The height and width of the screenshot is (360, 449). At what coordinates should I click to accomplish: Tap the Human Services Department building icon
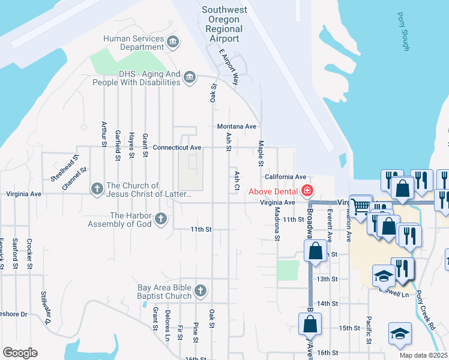click(x=173, y=41)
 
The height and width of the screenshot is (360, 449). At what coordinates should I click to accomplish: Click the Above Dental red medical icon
click(x=307, y=191)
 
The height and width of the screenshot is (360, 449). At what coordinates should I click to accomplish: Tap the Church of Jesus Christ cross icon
click(x=97, y=188)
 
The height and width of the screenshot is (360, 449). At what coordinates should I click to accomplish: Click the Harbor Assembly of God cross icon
click(x=160, y=219)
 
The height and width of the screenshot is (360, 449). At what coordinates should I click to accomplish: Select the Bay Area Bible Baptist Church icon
click(x=200, y=291)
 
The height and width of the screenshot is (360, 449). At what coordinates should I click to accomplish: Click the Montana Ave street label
click(x=237, y=127)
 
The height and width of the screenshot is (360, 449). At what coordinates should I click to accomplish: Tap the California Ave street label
click(x=286, y=177)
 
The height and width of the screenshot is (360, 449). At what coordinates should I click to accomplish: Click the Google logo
click(x=20, y=353)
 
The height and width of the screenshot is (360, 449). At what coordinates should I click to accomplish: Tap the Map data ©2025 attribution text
click(x=423, y=355)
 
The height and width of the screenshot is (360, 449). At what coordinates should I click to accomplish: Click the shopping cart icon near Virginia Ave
click(x=360, y=206)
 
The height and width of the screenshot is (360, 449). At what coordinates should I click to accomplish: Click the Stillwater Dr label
click(x=46, y=308)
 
